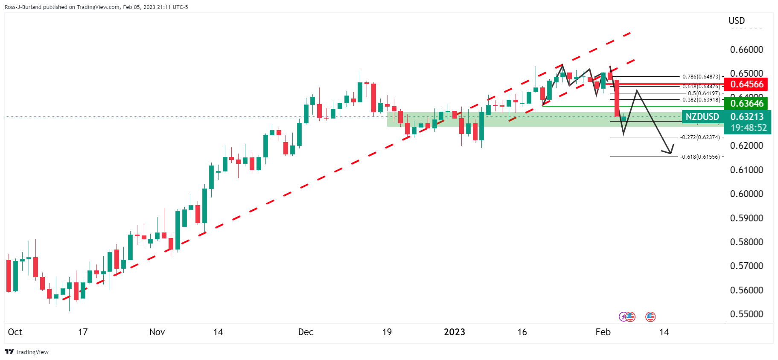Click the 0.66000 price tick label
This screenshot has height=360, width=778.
[x=746, y=49]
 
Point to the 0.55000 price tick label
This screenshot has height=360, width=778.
[x=746, y=314]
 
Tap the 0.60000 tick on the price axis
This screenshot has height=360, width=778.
[x=746, y=194]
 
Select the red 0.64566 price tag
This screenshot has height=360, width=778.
[x=746, y=84]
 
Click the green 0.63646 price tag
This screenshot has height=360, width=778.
[x=746, y=103]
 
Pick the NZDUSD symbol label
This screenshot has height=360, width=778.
[x=702, y=116]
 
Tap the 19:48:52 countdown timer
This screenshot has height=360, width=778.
[x=748, y=128]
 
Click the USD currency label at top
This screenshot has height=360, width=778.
[x=736, y=20]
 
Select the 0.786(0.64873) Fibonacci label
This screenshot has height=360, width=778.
[x=701, y=77]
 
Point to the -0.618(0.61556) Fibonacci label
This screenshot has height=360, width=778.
[x=699, y=157]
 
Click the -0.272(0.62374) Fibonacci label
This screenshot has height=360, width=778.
[x=699, y=137]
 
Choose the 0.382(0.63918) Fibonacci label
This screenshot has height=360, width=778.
[x=701, y=100]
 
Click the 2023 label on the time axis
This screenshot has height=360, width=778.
[x=454, y=332]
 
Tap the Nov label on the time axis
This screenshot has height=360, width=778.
[x=157, y=332]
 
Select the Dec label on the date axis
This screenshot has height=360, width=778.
[x=306, y=332]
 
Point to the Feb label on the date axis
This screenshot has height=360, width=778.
[x=603, y=332]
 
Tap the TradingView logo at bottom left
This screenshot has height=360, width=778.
[x=26, y=352]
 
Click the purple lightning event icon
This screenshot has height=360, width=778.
[x=623, y=316]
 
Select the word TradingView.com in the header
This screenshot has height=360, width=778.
[x=98, y=7]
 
